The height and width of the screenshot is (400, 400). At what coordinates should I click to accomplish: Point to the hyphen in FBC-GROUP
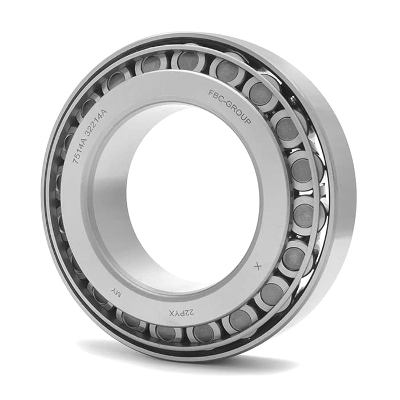226,102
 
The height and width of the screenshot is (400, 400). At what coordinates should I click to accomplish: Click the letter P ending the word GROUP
247,121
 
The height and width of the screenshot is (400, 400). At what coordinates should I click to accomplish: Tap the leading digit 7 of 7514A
75,161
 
